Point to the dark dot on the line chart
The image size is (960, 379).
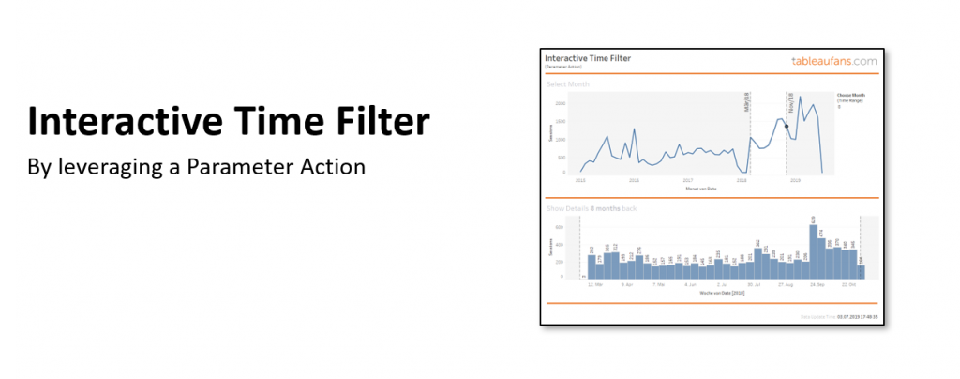point(787,126)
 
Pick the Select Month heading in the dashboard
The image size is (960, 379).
point(568,84)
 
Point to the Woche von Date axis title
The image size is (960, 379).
point(719,292)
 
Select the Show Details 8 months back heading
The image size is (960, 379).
point(591,207)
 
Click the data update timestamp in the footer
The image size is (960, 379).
point(839,318)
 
